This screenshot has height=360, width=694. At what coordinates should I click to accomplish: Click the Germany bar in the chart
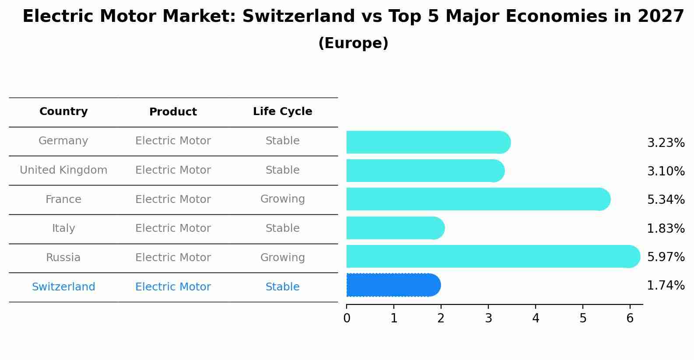coord(428,142)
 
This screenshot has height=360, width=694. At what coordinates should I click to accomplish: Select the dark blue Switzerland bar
coord(393,285)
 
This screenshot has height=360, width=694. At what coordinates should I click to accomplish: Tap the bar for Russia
coord(493,256)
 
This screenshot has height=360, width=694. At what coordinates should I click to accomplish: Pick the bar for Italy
coord(396,228)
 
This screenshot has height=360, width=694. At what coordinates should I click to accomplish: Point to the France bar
coord(479,199)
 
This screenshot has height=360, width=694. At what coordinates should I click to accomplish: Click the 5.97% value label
coord(666,257)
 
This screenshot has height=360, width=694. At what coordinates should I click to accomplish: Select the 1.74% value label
coord(666,285)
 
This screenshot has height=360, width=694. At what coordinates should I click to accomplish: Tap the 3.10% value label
coord(666,171)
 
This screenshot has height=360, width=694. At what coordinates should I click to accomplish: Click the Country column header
coord(63,111)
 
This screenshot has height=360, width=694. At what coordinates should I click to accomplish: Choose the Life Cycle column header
coord(283,111)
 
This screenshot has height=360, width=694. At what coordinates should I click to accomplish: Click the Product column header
coord(173,112)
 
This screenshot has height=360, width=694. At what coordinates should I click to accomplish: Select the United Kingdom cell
coord(63,170)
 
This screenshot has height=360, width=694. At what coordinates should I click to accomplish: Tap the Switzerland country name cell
coord(63,287)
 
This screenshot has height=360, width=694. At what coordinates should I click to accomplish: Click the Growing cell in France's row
coord(283,199)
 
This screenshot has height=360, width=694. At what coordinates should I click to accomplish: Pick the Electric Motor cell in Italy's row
coord(173,228)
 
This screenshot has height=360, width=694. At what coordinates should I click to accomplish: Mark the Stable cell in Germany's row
coord(283,141)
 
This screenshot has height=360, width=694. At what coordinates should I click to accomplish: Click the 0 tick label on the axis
coord(347,318)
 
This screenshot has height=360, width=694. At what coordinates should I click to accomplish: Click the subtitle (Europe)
coord(353,43)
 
